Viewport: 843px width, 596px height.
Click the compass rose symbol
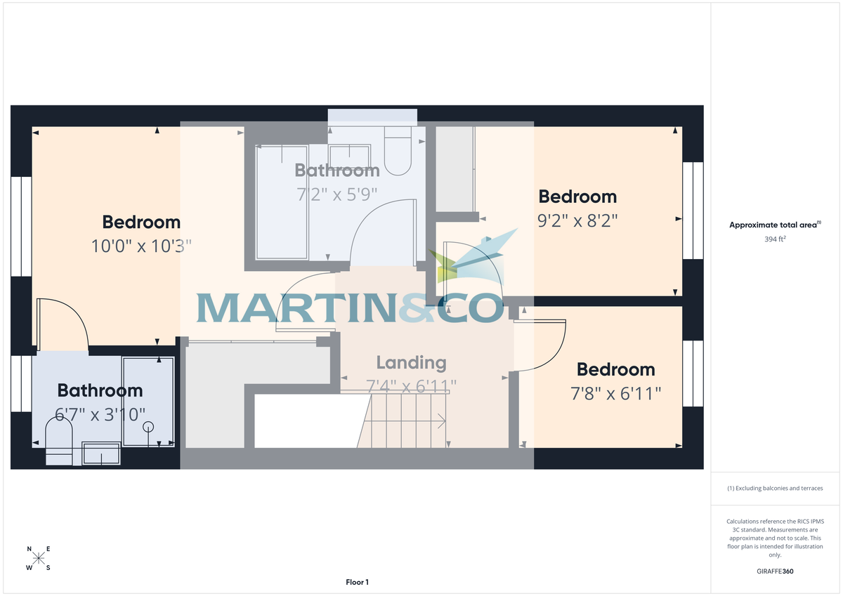tap(39, 559)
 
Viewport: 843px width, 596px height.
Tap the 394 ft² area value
tap(775, 239)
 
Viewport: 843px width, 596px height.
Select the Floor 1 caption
tap(357, 582)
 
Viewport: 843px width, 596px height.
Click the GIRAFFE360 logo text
tap(775, 571)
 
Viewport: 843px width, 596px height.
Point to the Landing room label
tap(411, 363)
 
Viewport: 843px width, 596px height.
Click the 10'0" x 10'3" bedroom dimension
tap(141, 246)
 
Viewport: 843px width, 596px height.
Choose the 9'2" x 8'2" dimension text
tap(577, 221)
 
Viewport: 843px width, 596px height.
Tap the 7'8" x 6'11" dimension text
tap(615, 394)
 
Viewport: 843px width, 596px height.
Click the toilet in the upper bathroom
tap(399, 151)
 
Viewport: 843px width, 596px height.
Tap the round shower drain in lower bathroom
tap(148, 426)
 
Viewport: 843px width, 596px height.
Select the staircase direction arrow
tap(441, 421)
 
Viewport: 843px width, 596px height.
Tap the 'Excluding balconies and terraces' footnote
tap(775, 488)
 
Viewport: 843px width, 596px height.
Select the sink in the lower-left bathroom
tap(101, 454)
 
